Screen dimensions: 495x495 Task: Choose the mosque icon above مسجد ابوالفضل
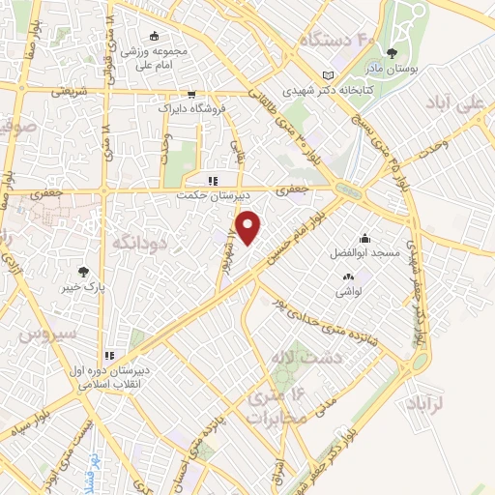[x=364, y=239]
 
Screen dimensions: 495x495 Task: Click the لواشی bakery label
[x=349, y=291]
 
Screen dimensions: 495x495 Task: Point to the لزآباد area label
[x=423, y=402]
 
